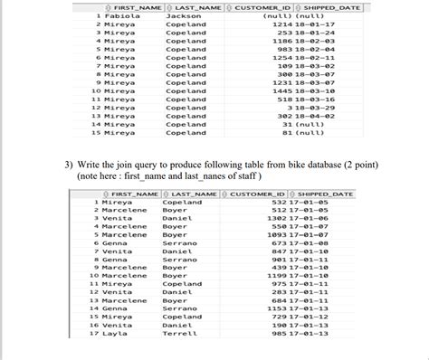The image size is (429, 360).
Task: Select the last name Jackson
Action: click(184, 16)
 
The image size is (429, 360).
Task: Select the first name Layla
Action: click(114, 334)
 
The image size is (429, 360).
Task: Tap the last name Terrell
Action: click(179, 334)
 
